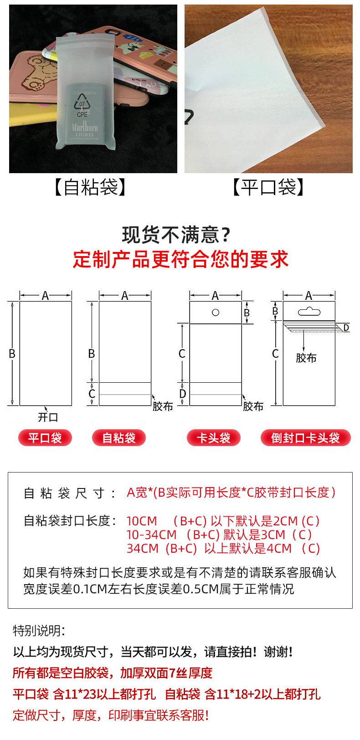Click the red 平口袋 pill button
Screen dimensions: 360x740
tap(45, 438)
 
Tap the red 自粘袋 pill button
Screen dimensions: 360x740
tap(119, 438)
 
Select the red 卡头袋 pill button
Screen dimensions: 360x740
tap(214, 438)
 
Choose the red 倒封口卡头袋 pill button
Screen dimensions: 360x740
tap(305, 438)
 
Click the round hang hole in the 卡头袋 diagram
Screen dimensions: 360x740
tap(216, 313)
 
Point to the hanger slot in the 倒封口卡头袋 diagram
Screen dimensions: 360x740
tap(309, 311)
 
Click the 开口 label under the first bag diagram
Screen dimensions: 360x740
tap(48, 417)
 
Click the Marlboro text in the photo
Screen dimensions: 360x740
tap(85, 127)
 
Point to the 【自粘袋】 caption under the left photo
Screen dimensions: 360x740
tap(90, 187)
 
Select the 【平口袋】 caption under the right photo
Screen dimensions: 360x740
tap(268, 187)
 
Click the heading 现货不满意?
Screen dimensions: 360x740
tap(176, 235)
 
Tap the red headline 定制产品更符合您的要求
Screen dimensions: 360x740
tap(180, 259)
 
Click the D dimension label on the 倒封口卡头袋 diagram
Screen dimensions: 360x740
tap(346, 327)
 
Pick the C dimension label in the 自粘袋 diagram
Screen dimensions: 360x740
tap(92, 393)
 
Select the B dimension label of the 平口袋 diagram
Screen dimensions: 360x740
tap(12, 354)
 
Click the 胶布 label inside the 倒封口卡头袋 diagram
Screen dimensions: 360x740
tap(306, 358)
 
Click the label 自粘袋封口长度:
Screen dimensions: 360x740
tap(70, 521)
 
